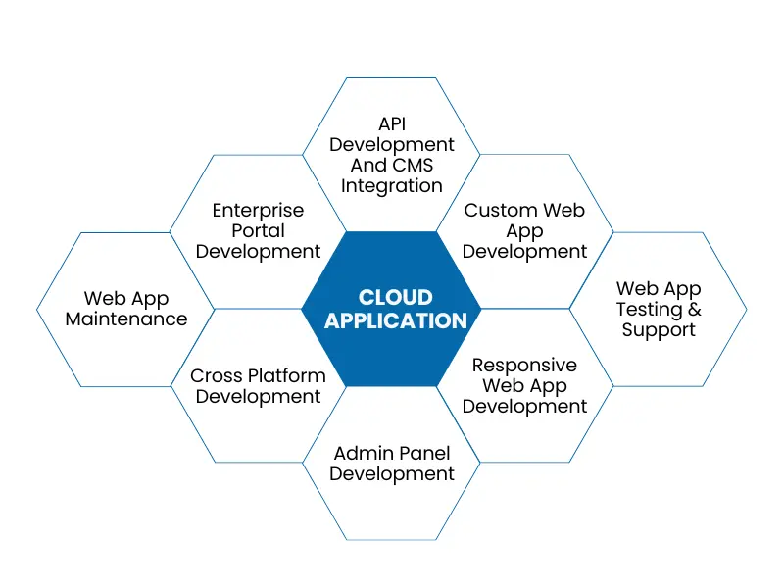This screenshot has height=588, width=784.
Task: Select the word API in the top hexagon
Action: [392, 123]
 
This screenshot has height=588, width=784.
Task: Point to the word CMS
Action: [413, 165]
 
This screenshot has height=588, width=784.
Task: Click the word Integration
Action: [392, 185]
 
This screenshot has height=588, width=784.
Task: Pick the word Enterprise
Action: [258, 210]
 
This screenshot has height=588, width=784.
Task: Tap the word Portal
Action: [258, 230]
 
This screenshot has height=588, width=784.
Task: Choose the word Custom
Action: [499, 210]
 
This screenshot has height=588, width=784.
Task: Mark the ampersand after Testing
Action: [694, 309]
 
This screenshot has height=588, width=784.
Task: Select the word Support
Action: [659, 330]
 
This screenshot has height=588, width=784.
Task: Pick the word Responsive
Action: [524, 365]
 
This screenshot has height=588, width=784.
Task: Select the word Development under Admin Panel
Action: [392, 474]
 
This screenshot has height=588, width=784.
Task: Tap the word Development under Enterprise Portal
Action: [258, 252]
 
